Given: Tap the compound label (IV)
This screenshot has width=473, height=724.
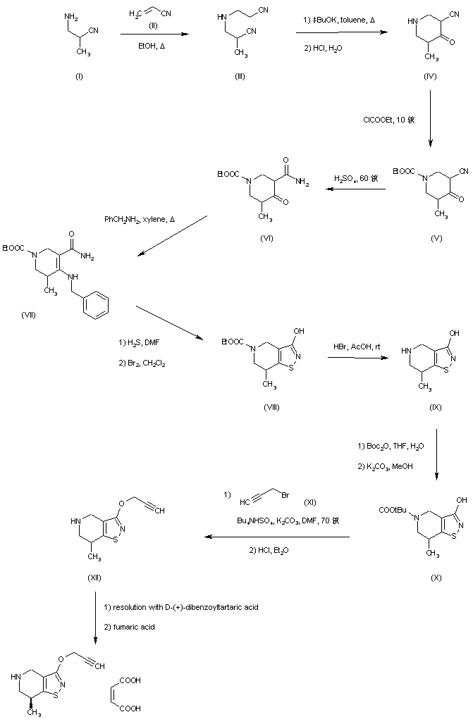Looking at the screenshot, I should pyautogui.click(x=430, y=76).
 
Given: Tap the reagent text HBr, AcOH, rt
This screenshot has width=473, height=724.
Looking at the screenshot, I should pyautogui.click(x=357, y=347).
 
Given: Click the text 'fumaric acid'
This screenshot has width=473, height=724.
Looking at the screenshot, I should pyautogui.click(x=133, y=626).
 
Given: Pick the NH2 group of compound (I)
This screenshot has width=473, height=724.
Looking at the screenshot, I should pyautogui.click(x=67, y=8).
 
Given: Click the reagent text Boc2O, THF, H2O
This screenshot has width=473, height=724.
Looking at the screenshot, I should pyautogui.click(x=391, y=445).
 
